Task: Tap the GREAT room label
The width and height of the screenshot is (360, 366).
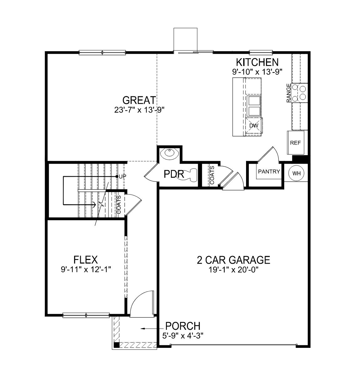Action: [139, 100]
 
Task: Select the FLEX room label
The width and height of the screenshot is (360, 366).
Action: [85, 260]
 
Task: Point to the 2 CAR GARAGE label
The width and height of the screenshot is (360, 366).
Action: [233, 260]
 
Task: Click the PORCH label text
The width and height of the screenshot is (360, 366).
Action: [183, 326]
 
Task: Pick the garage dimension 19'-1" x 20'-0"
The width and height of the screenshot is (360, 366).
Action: [233, 270]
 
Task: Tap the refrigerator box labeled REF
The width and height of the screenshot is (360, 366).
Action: [295, 143]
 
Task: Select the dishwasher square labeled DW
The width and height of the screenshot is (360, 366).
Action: [254, 126]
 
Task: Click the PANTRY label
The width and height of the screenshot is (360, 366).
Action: [269, 171]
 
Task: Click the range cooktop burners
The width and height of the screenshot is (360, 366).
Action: [299, 93]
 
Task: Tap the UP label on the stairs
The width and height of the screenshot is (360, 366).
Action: [122, 176]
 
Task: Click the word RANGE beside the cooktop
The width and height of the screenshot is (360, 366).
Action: [289, 93]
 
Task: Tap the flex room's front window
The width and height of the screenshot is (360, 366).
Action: [86, 315]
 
